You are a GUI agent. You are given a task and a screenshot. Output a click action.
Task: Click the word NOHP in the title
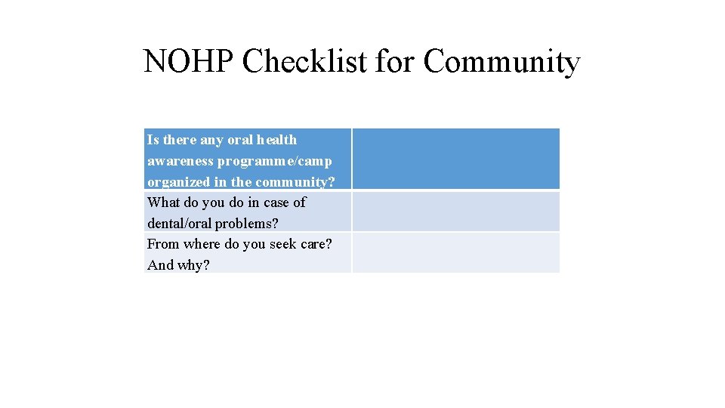[189, 62]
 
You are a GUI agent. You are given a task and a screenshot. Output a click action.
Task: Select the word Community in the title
[501, 62]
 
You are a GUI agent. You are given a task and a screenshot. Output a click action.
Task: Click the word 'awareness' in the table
[180, 161]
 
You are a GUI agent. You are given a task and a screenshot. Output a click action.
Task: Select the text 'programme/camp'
[275, 161]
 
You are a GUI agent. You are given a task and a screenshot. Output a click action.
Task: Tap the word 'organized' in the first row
[178, 182]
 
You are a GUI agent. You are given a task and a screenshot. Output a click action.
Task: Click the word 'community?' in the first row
[295, 182]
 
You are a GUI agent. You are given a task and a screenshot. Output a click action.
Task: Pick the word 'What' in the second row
[162, 202]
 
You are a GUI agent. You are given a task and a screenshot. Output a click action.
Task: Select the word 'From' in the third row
[163, 244]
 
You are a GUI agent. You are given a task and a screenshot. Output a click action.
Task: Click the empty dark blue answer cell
[455, 159]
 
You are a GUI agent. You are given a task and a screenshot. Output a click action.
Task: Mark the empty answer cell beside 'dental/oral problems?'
[455, 212]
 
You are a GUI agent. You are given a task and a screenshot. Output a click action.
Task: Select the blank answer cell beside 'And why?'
[455, 252]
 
